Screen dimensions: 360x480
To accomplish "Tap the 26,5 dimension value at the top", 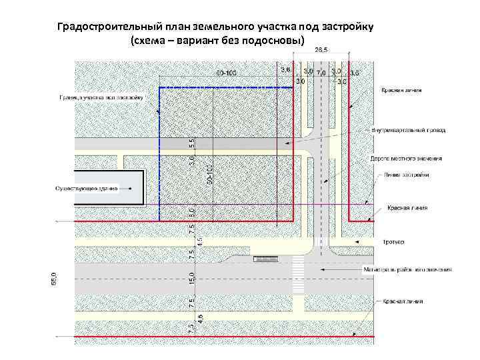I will click(321, 51).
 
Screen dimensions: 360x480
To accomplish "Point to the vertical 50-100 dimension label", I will click(209, 174).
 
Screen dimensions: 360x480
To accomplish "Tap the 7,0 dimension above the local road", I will click(321, 71).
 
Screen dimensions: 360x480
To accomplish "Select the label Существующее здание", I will click(87, 188).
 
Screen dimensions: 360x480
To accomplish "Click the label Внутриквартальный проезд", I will click(409, 130).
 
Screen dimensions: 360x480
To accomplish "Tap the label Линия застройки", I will click(406, 175).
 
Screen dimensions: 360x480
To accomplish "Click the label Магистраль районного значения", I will click(407, 270).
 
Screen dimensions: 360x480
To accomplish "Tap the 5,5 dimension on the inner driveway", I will click(191, 143).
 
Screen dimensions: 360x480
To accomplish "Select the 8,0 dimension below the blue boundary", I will click(191, 212).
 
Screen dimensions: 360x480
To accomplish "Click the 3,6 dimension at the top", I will click(286, 69).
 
